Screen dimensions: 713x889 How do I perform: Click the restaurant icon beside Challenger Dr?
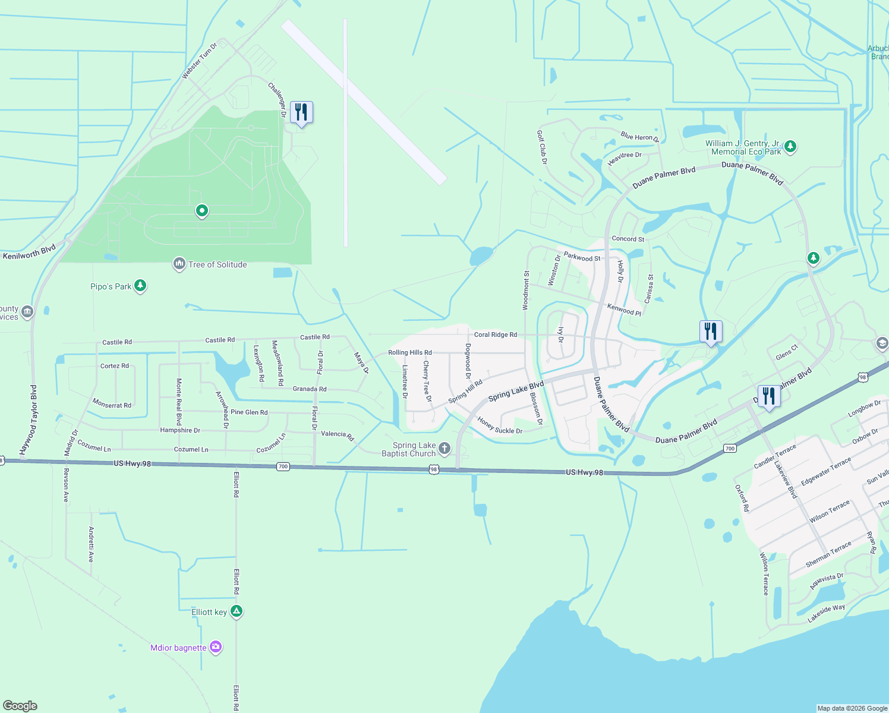301,112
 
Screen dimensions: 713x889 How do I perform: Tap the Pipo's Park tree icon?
140,286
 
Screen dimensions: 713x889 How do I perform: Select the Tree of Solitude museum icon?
179,264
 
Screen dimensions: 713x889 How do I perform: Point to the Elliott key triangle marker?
237,611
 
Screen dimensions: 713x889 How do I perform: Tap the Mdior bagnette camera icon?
216,647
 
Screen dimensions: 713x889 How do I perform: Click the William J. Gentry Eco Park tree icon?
790,146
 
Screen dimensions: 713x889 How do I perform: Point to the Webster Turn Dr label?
199,61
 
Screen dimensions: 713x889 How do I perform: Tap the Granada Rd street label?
310,389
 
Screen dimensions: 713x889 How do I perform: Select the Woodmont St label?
526,291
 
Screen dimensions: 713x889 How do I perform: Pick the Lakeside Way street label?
826,614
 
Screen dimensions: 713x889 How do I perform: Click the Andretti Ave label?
91,544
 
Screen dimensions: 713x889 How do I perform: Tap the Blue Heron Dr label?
639,137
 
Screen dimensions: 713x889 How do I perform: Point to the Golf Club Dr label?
541,147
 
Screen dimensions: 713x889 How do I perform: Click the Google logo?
20,706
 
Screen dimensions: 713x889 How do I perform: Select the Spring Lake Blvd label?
516,392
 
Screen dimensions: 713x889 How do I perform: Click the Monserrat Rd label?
112,404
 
